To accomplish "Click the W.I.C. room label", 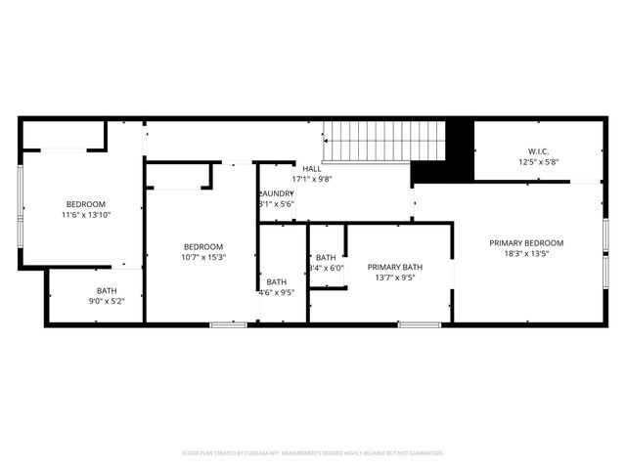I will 537,150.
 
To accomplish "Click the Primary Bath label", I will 395,266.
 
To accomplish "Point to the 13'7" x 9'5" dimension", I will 395,277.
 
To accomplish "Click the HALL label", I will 312,168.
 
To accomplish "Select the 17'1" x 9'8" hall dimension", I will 312,179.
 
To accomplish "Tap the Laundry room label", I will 276,192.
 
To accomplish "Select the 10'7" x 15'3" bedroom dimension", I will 204,257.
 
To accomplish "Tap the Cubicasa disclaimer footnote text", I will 313,452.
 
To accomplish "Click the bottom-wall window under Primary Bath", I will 418,323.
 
